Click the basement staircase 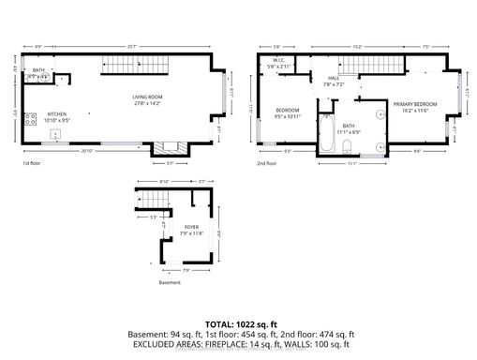click(153, 201)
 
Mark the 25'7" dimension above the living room click(138, 45)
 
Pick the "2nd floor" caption click(267, 162)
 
